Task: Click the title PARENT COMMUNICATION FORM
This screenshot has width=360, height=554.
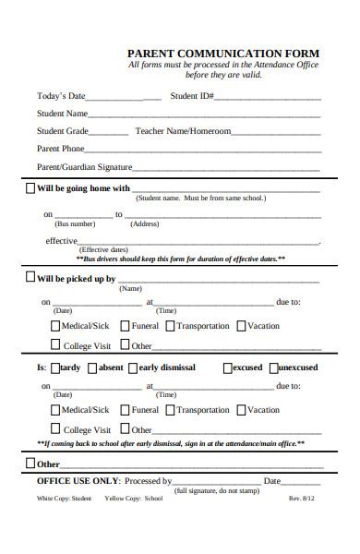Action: tap(223, 54)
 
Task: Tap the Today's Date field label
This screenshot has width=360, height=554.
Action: tap(61, 95)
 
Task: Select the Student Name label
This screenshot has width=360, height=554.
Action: tap(62, 114)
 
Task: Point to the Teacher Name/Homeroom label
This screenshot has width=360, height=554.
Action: tap(183, 131)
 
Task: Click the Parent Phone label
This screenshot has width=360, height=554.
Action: tap(60, 149)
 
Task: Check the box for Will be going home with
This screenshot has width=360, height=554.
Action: tap(30, 188)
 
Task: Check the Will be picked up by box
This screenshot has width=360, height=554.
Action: tap(30, 277)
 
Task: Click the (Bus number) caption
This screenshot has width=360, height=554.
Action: tap(75, 224)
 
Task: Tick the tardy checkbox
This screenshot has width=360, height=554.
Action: tap(54, 367)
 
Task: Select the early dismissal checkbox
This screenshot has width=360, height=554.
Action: tap(133, 367)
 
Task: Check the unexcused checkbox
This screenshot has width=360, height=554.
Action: tap(271, 367)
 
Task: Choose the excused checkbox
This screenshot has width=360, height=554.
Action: tap(227, 367)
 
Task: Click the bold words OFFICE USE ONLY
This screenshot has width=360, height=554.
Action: tap(78, 481)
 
